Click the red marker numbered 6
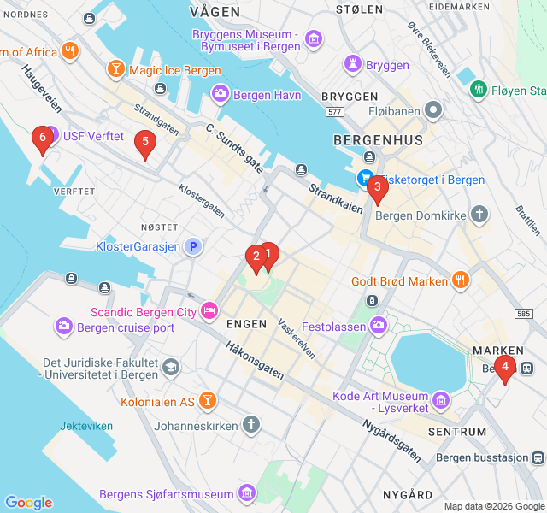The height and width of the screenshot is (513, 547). coord(40,139)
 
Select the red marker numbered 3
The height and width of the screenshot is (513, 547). coord(377,187)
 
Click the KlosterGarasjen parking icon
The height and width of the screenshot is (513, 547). coord(194,246)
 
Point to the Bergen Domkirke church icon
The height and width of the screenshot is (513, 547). coord(479,214)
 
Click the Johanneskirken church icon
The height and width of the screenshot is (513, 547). coord(250,424)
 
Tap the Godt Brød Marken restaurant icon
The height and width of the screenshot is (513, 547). coord(461,280)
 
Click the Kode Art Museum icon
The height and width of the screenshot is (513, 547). coord(441,399)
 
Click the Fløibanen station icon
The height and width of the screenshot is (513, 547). coord(435,109)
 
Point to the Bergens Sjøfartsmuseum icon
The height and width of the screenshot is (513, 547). coord(247,493)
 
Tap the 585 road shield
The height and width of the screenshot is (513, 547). coord(524,314)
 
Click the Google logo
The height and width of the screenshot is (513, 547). coord(28,503)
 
